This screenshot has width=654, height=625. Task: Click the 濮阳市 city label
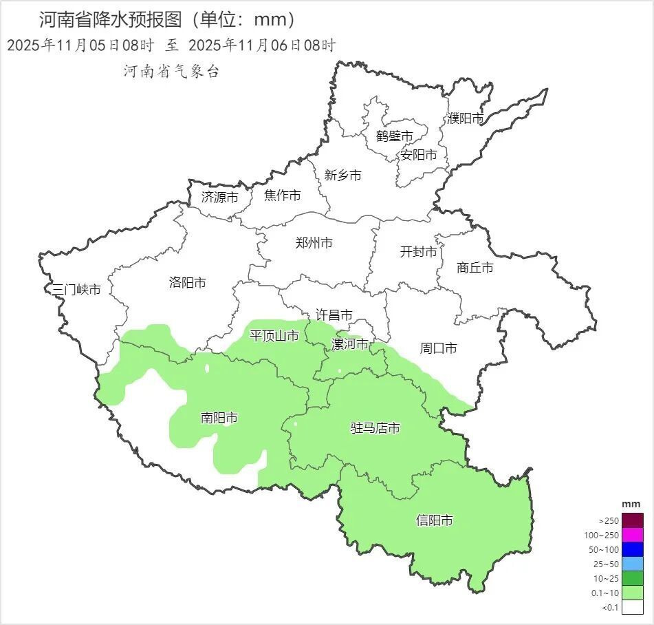(x=466, y=118)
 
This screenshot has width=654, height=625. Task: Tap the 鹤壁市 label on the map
(x=395, y=136)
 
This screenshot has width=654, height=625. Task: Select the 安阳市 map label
(x=419, y=155)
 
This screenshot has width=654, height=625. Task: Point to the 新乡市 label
(x=342, y=176)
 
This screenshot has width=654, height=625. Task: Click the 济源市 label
(x=220, y=197)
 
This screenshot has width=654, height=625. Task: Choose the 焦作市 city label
(x=283, y=196)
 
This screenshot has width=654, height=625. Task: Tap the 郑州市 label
(x=314, y=243)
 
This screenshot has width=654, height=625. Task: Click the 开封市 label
(x=419, y=252)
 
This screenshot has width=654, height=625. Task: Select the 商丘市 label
(x=475, y=268)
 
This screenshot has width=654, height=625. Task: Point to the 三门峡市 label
(x=77, y=290)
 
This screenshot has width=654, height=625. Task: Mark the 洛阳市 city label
(x=188, y=282)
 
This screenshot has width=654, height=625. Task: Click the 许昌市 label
(x=334, y=315)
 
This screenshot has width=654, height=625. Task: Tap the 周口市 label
(x=439, y=348)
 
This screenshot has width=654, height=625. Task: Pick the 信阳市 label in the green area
(x=435, y=520)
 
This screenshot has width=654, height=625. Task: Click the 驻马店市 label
(x=375, y=428)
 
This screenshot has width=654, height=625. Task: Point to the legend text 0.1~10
(x=605, y=593)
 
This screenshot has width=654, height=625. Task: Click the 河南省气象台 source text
(x=172, y=71)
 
